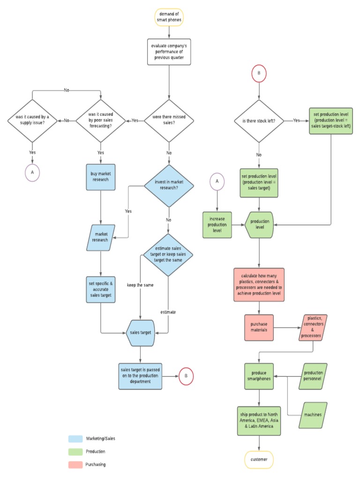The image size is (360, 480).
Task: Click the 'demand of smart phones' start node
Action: pos(168,17)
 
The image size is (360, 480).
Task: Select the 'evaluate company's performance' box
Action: pos(168,52)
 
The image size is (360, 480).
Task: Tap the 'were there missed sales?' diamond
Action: pos(168,120)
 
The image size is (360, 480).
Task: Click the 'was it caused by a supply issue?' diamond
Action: pos(32,120)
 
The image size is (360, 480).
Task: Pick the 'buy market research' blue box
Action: pos(101,177)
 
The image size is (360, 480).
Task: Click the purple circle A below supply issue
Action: pos(32,172)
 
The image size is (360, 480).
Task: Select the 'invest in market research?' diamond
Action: pos(168,185)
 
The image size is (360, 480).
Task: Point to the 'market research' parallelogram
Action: pos(101,237)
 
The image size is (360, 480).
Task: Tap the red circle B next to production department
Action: pos(186,376)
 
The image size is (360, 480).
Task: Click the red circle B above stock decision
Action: pos(259,74)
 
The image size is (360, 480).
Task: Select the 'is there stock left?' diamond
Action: pos(259,120)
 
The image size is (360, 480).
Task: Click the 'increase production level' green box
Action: pos(217,225)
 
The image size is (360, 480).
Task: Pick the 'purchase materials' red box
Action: pos(259,328)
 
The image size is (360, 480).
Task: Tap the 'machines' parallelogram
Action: pos(313,415)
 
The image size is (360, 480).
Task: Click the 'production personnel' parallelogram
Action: pos(313,376)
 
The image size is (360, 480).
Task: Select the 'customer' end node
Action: pos(259,459)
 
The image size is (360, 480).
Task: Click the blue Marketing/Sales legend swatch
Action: pos(75,439)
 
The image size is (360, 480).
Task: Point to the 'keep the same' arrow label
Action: pos(140,285)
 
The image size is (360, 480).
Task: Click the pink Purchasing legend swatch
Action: pos(75,465)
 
